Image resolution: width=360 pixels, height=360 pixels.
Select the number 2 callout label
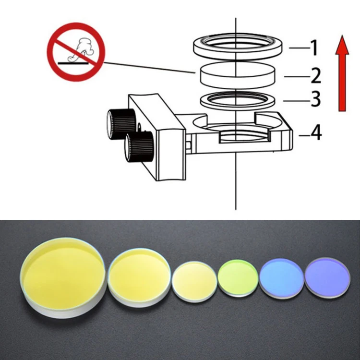[314, 75]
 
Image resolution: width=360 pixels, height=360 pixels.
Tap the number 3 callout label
[315, 99]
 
